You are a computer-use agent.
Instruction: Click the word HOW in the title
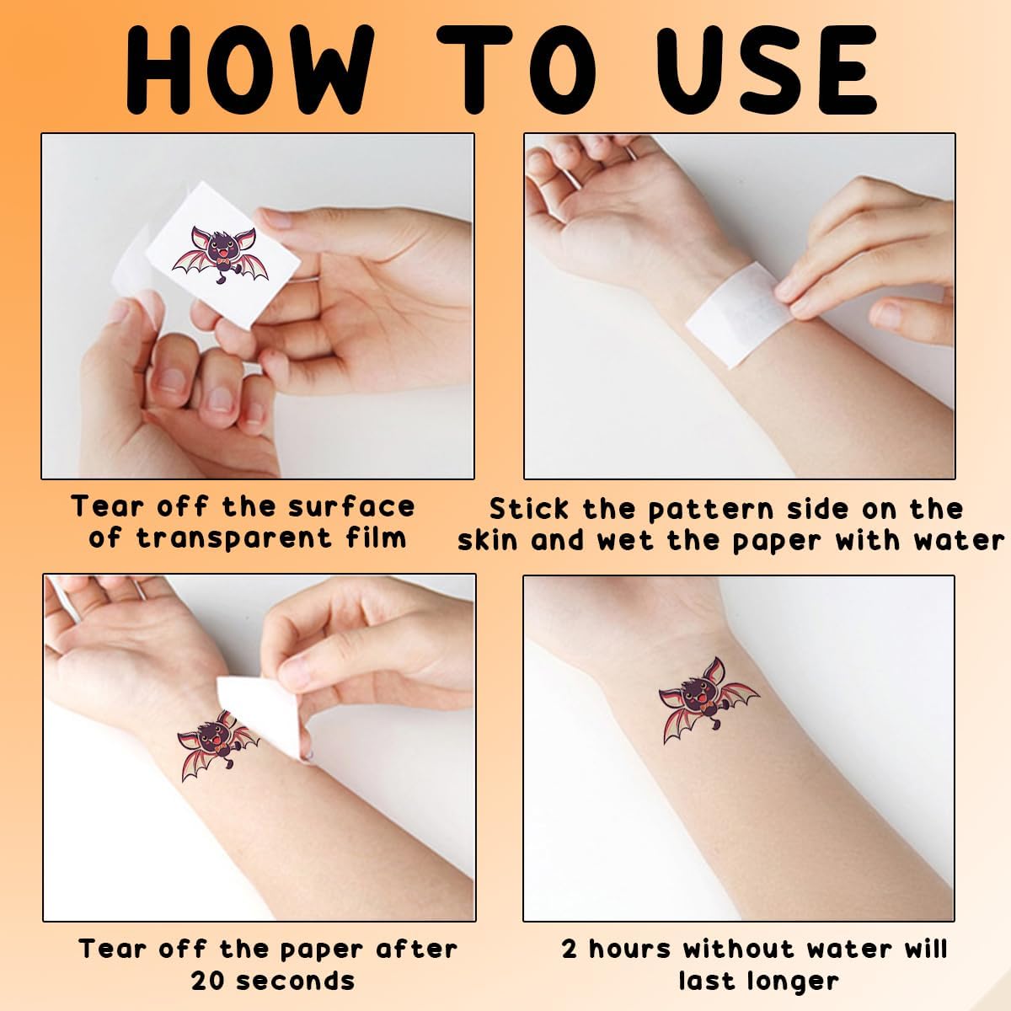249,69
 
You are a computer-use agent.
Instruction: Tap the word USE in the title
767,69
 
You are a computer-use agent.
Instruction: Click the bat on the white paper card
221,255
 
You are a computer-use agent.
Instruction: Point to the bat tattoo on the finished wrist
708,699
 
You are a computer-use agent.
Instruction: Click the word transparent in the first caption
234,539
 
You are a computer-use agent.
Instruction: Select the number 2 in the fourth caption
569,948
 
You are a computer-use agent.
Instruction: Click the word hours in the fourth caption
629,948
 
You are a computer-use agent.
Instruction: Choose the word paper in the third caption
321,949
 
